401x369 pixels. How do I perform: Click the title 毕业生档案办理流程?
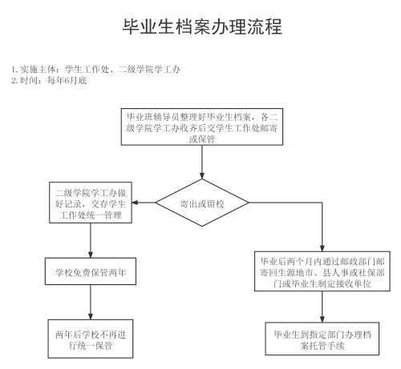202,26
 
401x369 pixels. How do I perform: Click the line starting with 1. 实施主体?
95,70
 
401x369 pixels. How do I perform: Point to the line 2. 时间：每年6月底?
49,80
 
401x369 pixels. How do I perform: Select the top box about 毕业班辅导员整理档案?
202,126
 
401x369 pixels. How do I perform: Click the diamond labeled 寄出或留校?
202,203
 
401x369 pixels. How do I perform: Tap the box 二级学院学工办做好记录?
91,203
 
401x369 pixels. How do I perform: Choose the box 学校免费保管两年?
91,271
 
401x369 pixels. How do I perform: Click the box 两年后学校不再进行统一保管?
91,339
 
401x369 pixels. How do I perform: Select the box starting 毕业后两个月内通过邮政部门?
322,271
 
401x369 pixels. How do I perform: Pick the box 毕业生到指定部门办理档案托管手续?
322,339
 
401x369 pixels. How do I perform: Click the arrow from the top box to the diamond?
202,162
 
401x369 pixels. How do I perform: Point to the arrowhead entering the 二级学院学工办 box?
135,203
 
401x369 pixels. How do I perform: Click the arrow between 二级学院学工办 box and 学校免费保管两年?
91,240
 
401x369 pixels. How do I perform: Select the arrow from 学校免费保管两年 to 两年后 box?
91,302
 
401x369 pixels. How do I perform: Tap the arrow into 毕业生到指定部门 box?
322,307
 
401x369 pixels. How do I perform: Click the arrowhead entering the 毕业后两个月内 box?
322,248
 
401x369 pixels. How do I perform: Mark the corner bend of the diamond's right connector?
322,203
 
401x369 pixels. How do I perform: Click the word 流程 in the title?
265,26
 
